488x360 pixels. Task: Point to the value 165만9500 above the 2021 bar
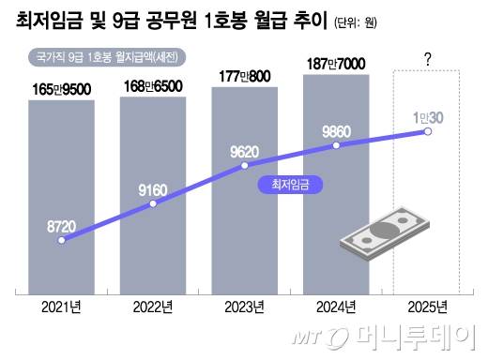(60, 89)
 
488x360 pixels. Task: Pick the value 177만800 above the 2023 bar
(244, 76)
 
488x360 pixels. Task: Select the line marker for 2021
(62, 240)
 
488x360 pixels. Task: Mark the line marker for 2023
(245, 166)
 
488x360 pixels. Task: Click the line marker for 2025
(428, 132)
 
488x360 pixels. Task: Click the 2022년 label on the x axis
(152, 307)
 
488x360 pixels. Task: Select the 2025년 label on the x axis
(427, 307)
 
